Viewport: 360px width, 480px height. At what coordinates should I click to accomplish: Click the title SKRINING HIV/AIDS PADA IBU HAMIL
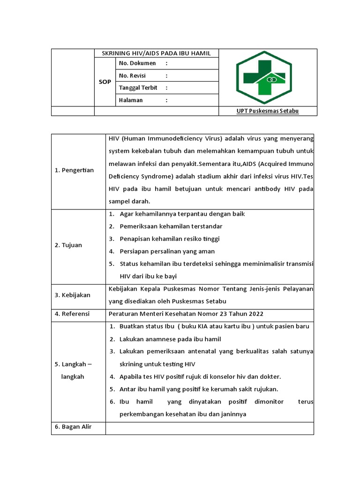tap(157, 53)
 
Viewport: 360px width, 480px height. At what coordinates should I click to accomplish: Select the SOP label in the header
tap(105, 82)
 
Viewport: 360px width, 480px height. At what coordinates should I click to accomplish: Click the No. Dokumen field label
tap(137, 63)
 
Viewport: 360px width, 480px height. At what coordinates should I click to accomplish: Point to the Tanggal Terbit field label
tap(138, 88)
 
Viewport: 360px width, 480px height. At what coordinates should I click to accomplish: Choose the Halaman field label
tap(131, 100)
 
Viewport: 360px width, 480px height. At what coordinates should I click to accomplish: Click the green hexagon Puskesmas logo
tap(264, 77)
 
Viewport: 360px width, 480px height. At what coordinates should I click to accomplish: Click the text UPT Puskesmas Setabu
tap(268, 111)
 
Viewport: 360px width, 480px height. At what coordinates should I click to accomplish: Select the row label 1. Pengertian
tap(74, 170)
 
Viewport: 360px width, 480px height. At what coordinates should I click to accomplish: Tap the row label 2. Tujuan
tap(68, 245)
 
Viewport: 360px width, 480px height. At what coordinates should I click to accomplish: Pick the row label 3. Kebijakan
tap(72, 295)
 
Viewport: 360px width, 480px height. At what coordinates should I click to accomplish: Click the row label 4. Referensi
tap(72, 314)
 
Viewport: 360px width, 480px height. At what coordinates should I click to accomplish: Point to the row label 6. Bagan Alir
tap(73, 427)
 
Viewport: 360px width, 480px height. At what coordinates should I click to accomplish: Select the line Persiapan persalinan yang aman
tap(167, 251)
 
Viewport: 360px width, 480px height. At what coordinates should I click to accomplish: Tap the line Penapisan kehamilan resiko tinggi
tap(169, 239)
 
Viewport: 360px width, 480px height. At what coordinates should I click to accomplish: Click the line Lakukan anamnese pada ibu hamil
tap(170, 339)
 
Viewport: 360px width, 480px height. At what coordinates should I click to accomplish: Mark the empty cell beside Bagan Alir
tap(210, 427)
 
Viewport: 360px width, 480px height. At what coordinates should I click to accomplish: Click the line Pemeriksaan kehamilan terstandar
tap(171, 226)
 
